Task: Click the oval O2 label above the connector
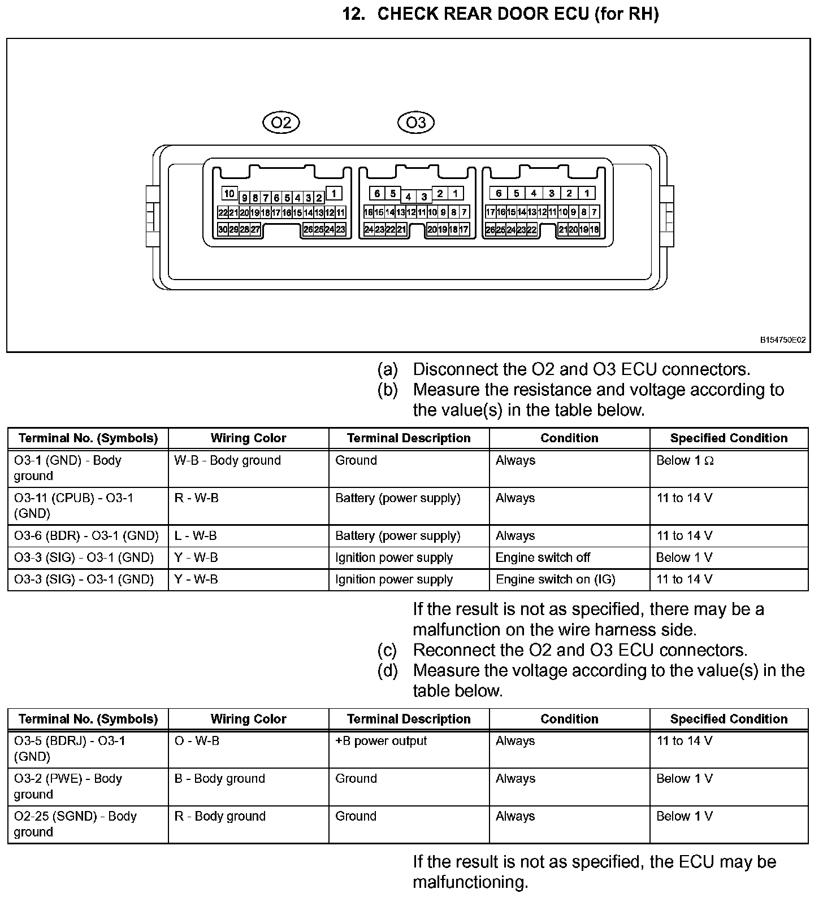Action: (281, 123)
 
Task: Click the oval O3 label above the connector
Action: (416, 123)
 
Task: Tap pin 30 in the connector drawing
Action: (223, 229)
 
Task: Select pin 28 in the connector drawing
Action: (244, 229)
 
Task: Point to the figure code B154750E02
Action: (782, 340)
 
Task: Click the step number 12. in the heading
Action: (354, 14)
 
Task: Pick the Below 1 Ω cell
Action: (685, 461)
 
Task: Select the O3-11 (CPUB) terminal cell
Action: (73, 505)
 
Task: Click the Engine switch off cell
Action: (543, 558)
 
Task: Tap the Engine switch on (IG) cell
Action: (555, 579)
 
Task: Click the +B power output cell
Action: (381, 741)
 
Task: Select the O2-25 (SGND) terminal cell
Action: (75, 824)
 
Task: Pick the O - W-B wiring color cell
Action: (197, 741)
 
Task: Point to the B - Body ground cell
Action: (219, 779)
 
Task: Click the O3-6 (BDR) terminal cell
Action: (86, 536)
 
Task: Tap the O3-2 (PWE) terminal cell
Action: (68, 786)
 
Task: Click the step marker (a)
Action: (388, 370)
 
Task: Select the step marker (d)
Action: (388, 671)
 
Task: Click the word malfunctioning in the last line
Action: (470, 882)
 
